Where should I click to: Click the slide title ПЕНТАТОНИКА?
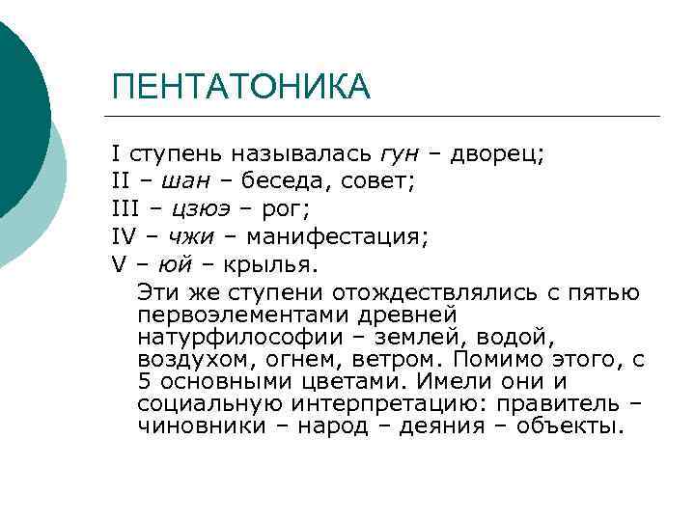(240, 87)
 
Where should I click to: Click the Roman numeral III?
(125, 208)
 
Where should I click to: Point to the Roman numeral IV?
(125, 236)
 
